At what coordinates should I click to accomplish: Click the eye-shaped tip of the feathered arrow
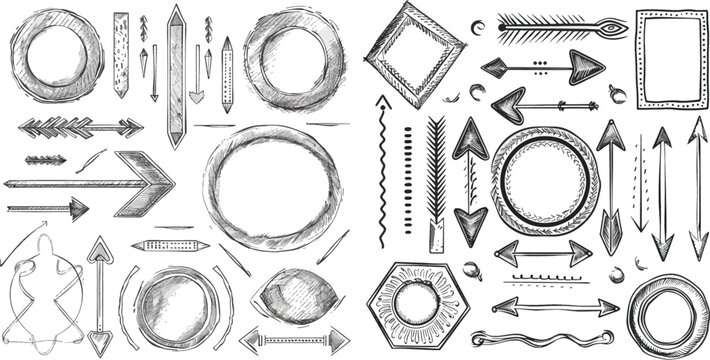pos(609,27)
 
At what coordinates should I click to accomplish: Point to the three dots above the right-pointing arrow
pos(540,62)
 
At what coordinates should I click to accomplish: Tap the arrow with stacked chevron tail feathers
pos(80,127)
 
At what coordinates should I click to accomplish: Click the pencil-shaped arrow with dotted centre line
pos(227,75)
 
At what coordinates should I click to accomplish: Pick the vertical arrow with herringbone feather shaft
pos(436,175)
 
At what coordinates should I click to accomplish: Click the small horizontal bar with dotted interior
pos(169,245)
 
